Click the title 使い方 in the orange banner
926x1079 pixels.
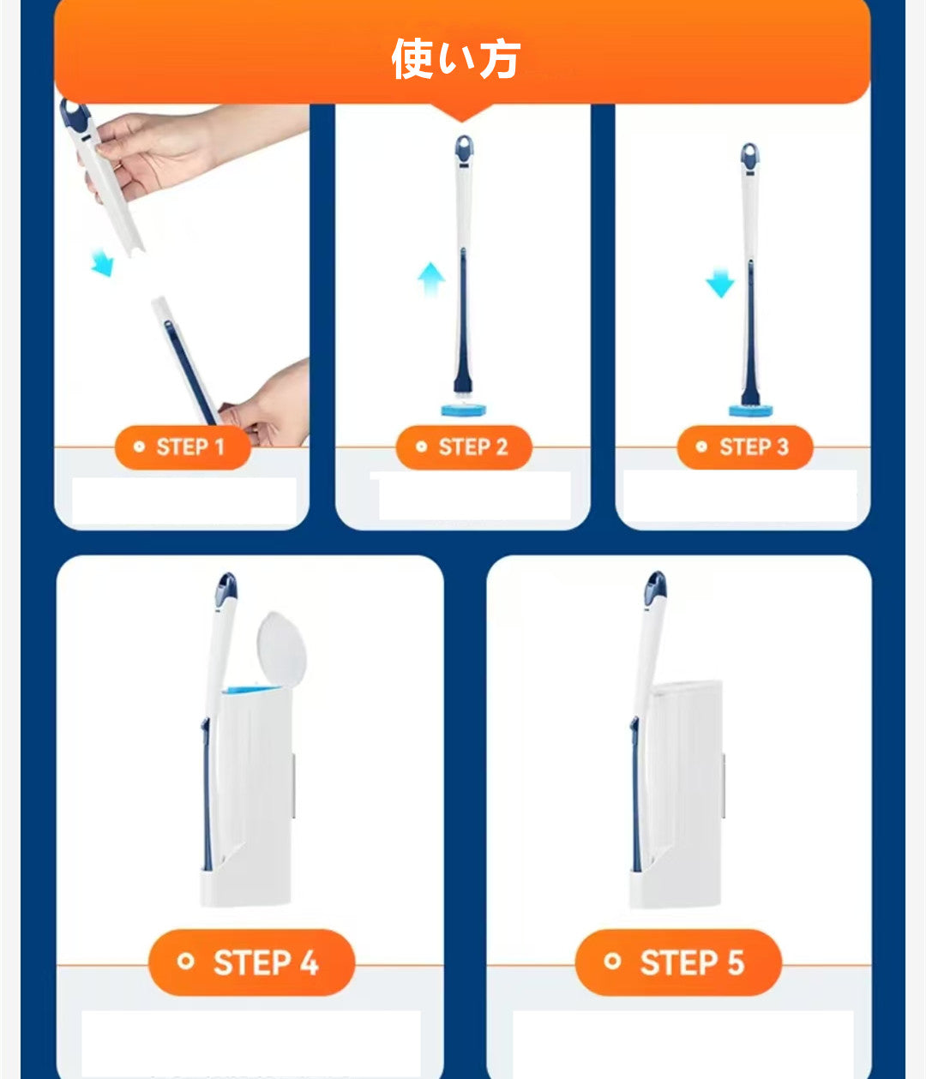[x=455, y=58]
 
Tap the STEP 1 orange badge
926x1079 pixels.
[x=183, y=447]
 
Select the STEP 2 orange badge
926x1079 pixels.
[x=464, y=447]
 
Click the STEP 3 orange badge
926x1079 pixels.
[x=745, y=447]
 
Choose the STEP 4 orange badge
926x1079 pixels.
[x=252, y=962]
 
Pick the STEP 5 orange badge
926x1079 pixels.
[x=678, y=962]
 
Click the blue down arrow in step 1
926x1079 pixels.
[x=102, y=263]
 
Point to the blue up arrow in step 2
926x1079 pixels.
[x=431, y=279]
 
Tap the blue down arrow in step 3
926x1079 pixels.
[x=720, y=283]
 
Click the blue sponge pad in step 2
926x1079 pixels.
[x=463, y=410]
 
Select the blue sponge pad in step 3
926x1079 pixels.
[x=750, y=411]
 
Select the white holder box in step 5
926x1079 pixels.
[x=676, y=794]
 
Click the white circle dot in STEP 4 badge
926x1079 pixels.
[x=185, y=961]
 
